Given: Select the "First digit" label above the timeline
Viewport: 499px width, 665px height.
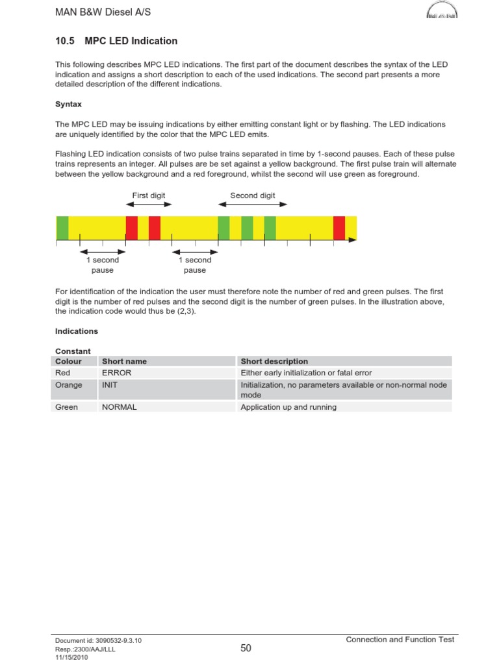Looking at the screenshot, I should (149, 195).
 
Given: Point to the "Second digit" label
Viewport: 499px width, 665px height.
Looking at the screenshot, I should (253, 195).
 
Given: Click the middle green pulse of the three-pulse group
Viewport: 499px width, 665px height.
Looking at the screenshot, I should (247, 228).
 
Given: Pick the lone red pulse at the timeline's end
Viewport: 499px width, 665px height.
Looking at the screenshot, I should (339, 228).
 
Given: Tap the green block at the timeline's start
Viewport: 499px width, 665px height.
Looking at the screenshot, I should (62, 228).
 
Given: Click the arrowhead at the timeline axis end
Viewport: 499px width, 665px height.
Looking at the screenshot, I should (353, 240).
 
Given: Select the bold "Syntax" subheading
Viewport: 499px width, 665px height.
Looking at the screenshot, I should (68, 104).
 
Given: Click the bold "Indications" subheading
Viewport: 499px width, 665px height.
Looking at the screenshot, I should (77, 331).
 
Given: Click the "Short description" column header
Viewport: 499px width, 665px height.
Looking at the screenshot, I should (274, 361).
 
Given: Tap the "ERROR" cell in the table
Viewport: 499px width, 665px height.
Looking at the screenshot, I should (117, 373).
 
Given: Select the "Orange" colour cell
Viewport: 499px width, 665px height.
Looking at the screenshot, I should (69, 385).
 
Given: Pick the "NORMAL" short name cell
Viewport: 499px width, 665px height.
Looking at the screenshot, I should (120, 407).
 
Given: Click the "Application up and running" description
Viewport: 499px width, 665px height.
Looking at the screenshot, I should (288, 407).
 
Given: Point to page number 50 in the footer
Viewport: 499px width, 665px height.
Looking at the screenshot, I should (246, 647).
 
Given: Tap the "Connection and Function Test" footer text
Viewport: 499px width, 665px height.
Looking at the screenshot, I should (400, 640).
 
